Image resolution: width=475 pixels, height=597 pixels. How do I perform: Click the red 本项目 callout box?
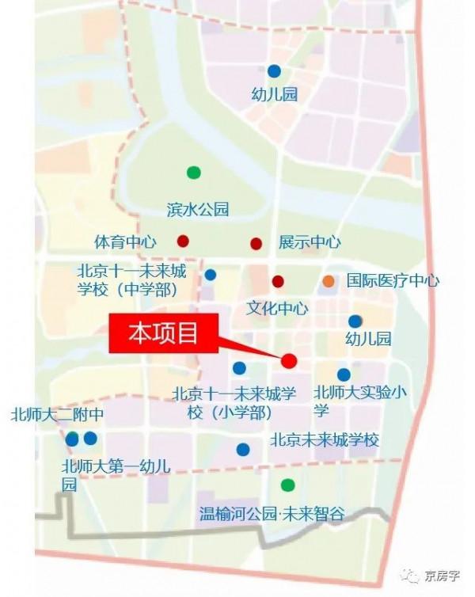(163, 336)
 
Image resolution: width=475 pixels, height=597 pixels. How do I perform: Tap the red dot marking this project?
(289, 361)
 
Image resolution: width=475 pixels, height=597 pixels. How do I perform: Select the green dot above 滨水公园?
(193, 172)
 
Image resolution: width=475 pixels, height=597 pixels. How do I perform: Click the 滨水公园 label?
(198, 210)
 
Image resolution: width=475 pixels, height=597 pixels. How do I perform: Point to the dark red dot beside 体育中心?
(183, 241)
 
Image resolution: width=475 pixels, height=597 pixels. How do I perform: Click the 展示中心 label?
(310, 241)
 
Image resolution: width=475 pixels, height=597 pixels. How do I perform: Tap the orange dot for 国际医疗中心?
(329, 281)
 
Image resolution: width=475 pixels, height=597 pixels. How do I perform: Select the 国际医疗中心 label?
(393, 281)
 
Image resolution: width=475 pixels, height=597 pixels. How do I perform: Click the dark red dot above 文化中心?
(278, 281)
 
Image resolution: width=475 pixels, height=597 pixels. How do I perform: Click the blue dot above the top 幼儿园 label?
(274, 70)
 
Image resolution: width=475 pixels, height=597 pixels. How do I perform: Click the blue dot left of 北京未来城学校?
(243, 450)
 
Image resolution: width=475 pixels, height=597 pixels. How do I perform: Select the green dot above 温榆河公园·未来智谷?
(287, 485)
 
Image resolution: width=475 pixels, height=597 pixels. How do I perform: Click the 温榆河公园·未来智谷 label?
(272, 514)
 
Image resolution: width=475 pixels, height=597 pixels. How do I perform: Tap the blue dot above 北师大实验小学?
(344, 375)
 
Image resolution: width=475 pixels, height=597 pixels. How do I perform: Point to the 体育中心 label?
(125, 241)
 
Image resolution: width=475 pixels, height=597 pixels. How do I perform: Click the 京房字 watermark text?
(442, 576)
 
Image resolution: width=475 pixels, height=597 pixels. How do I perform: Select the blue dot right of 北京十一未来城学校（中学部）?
(211, 276)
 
